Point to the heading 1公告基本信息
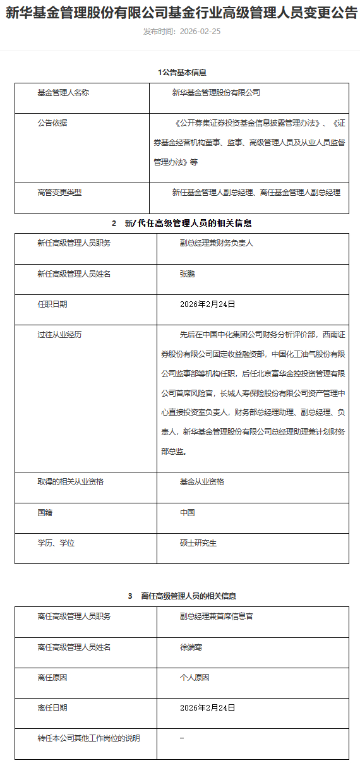coord(182,73)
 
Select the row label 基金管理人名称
coord(63,92)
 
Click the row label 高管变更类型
coord(59,192)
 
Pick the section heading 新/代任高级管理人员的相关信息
coord(189,223)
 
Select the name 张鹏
coord(187,273)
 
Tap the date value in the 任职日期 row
coord(207,304)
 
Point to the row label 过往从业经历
coord(59,334)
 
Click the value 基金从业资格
coord(201,481)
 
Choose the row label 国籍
coord(45,512)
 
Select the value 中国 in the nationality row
coord(187,512)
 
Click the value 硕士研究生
coord(198,543)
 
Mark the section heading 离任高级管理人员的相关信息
coord(189,596)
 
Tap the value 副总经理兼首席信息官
coord(216,616)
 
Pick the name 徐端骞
coord(191,647)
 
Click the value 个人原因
coord(194,677)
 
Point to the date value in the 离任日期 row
coord(207,707)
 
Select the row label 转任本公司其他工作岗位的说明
coord(88,738)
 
